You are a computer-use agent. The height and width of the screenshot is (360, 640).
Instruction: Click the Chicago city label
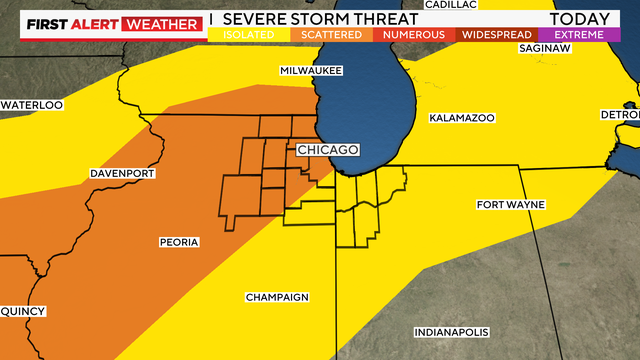[x=327, y=150]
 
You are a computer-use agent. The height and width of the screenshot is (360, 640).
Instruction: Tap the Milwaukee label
[x=311, y=71]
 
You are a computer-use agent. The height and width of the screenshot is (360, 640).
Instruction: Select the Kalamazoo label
[x=462, y=118]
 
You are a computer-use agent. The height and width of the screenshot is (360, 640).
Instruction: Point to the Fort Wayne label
[x=510, y=205]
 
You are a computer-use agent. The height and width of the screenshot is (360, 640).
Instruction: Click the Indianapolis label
[x=452, y=332]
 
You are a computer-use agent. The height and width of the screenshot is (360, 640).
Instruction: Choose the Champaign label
[x=277, y=297]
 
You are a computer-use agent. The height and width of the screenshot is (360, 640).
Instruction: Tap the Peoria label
[x=179, y=242]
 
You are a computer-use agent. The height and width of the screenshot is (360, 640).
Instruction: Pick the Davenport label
[x=122, y=173]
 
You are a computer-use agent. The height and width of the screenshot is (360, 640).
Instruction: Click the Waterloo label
[x=31, y=105]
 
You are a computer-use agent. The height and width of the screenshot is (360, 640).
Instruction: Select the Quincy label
[x=22, y=311]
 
